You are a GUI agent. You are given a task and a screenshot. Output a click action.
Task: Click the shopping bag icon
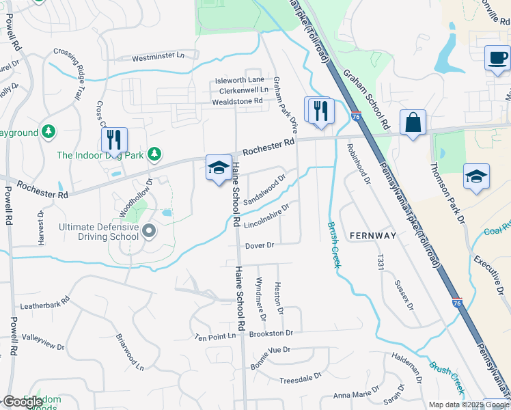[413, 124]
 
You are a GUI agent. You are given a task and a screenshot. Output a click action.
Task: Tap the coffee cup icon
[497, 57]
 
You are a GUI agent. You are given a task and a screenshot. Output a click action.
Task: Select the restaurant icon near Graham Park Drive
[320, 111]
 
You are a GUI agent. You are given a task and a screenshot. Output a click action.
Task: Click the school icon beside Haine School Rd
[218, 168]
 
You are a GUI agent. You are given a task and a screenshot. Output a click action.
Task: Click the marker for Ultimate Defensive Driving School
[148, 232]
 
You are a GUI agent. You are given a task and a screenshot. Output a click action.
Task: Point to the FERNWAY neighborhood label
[372, 235]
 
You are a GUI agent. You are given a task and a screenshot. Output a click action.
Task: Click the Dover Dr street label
[260, 245]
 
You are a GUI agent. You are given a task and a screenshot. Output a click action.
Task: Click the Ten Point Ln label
[215, 337]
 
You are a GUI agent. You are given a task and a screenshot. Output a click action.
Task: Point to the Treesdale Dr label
[300, 379]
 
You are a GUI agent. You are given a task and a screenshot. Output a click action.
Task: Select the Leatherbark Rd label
[46, 303]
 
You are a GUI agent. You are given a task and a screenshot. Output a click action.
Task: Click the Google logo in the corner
[23, 402]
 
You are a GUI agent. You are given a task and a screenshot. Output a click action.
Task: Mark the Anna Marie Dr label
[355, 395]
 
